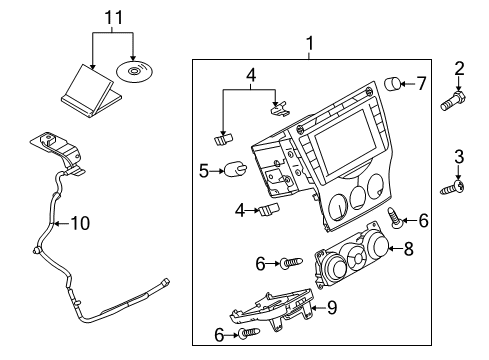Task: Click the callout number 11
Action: (114, 17)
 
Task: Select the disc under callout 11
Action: (135, 71)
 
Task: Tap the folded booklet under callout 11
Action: (91, 91)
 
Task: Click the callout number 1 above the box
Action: (310, 44)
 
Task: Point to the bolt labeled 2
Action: (453, 101)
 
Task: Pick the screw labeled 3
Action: (452, 188)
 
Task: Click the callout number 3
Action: (459, 156)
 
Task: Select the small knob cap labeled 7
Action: (392, 83)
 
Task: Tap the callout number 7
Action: (421, 83)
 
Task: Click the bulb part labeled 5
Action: (236, 169)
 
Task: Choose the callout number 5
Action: (204, 171)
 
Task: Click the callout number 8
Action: (409, 249)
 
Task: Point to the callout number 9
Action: (332, 307)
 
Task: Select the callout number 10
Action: (80, 223)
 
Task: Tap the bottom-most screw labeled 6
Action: (249, 333)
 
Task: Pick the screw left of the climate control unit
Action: (291, 263)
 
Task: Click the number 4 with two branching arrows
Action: (251, 75)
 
